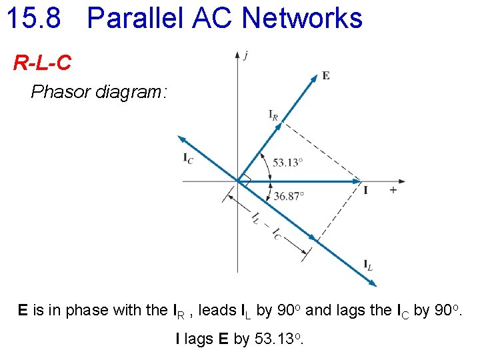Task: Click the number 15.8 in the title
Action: (33, 18)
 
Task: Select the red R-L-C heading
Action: (42, 64)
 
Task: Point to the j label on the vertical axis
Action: (247, 55)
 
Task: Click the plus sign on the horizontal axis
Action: (393, 190)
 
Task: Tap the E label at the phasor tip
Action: (325, 75)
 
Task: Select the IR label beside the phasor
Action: (273, 115)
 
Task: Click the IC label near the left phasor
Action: (189, 159)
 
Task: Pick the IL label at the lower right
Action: (368, 266)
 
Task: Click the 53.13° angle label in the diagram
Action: (289, 162)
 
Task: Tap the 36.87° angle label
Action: (289, 195)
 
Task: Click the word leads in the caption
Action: (217, 310)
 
